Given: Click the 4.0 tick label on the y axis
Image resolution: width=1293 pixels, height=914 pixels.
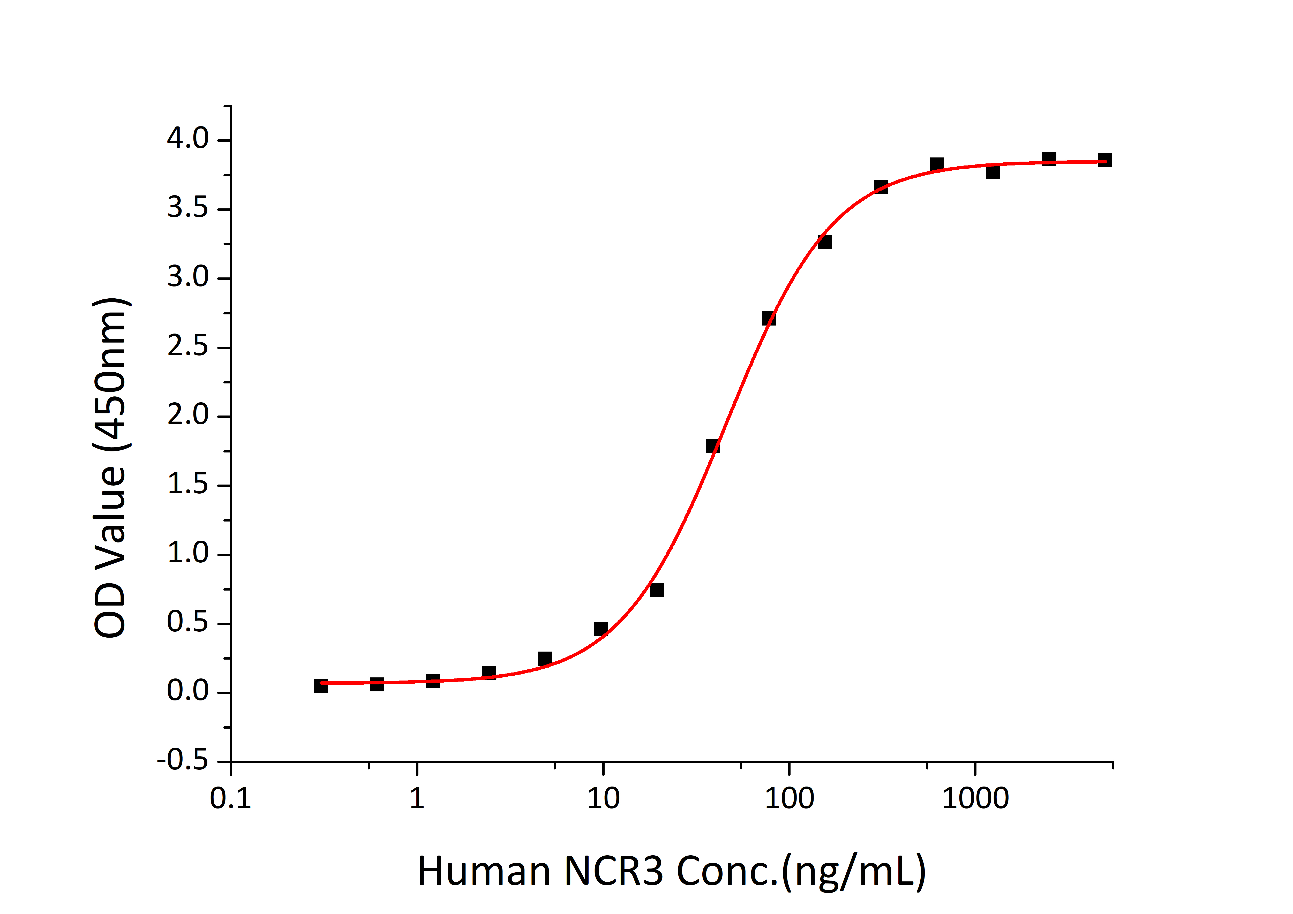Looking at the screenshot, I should (187, 139).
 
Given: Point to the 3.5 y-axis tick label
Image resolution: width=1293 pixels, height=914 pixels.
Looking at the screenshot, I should (187, 208).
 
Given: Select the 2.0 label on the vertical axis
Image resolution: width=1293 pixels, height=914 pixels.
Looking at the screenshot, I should (187, 416).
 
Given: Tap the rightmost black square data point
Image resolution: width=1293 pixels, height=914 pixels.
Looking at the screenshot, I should (1105, 161).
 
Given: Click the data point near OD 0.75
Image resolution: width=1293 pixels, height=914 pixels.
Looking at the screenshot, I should (657, 590).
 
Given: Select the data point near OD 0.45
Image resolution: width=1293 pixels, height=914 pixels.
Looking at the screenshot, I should (601, 629).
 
